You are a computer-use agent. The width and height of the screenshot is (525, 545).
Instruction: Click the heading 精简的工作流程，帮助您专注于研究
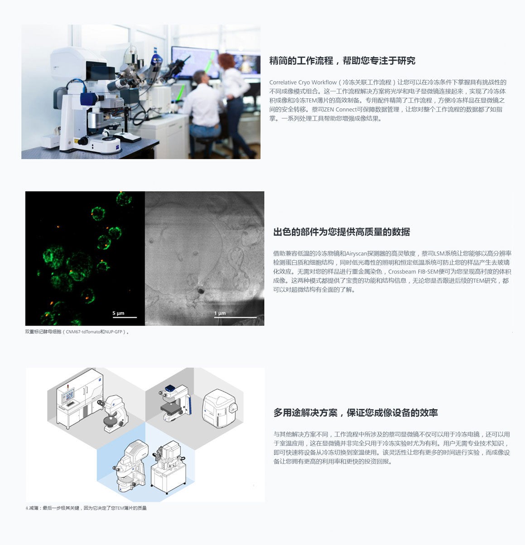342,61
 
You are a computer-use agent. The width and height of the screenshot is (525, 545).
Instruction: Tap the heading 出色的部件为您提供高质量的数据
342,232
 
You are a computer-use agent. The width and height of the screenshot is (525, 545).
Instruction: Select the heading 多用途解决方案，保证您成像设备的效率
356,413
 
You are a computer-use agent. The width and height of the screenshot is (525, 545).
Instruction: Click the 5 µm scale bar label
118,313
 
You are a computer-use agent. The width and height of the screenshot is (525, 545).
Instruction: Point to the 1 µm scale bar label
220,313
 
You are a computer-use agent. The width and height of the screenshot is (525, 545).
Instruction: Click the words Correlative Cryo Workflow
303,82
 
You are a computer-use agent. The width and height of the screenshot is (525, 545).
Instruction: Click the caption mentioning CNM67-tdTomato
77,332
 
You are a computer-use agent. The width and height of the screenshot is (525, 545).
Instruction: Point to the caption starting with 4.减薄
86,508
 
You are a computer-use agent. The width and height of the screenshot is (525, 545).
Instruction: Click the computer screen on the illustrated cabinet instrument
68,395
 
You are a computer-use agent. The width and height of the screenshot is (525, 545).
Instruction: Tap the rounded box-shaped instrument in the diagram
219,408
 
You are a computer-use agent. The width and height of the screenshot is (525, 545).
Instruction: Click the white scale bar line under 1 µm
235,318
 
